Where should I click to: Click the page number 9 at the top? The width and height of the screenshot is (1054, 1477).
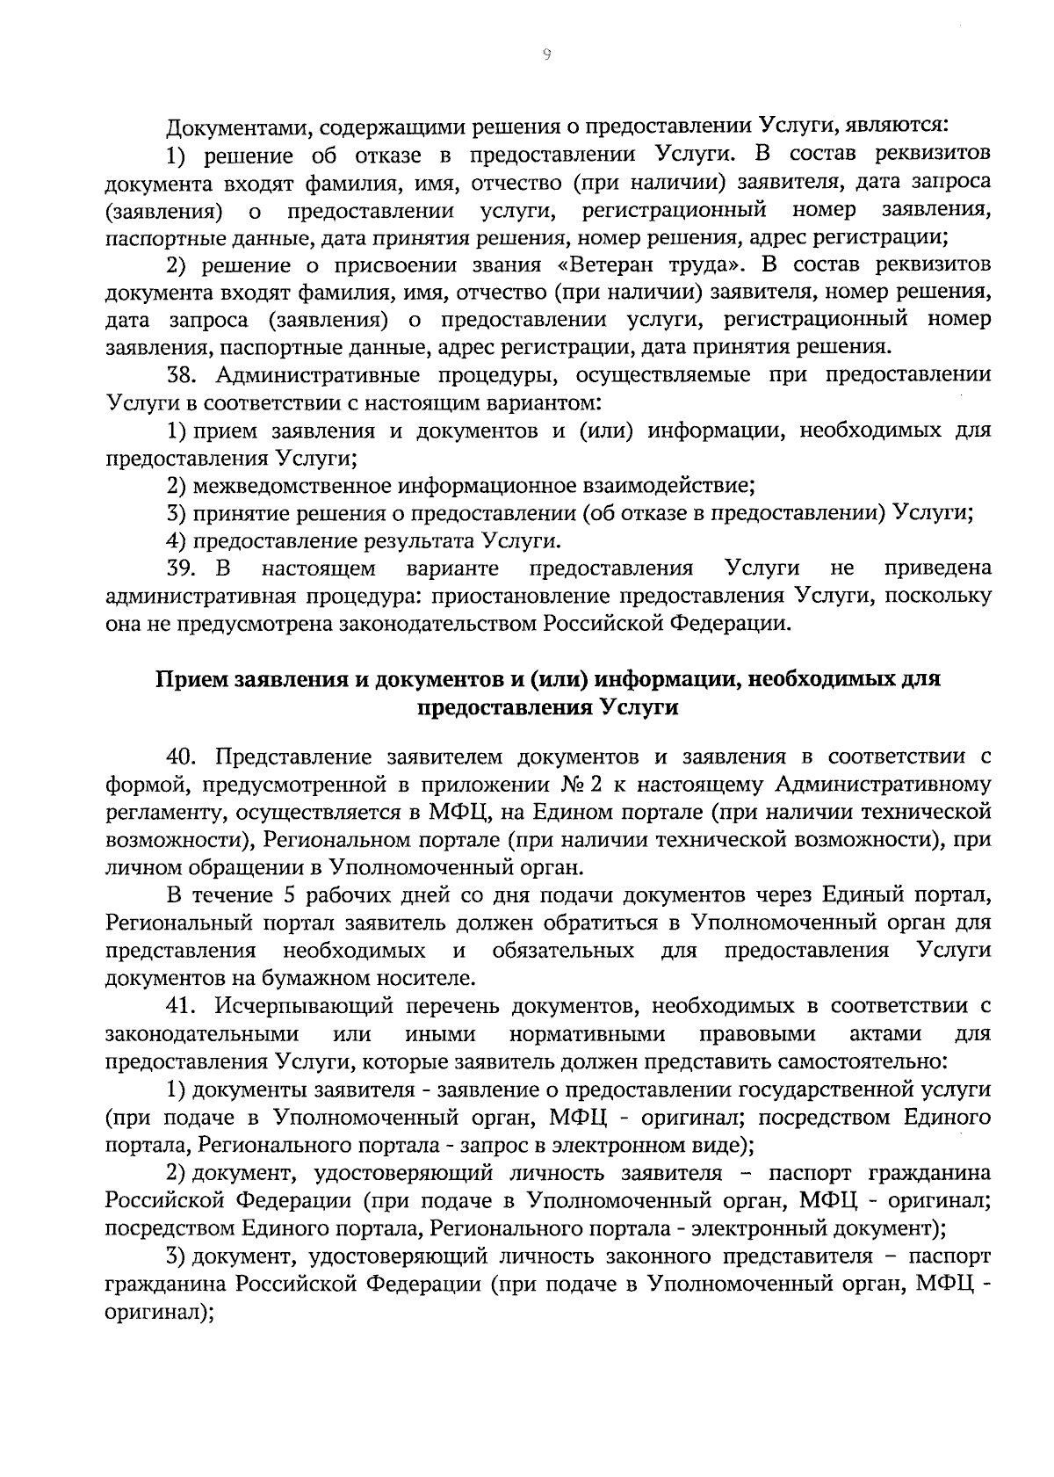tap(545, 54)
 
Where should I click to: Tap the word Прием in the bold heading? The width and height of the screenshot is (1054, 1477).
tap(188, 679)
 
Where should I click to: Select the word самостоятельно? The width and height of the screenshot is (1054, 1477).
tap(870, 1061)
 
